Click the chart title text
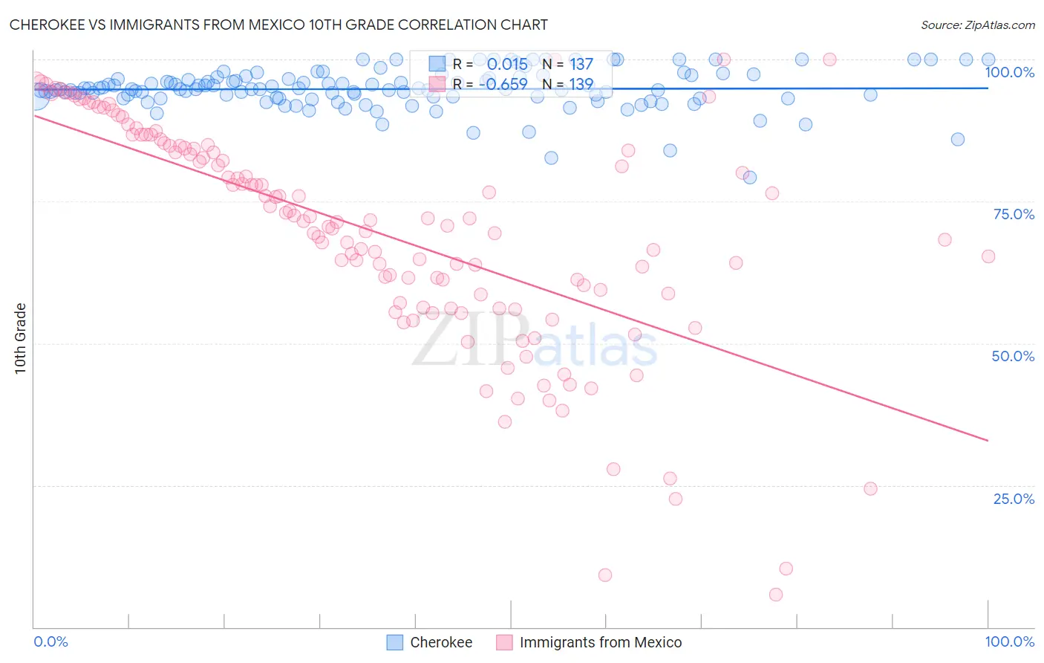[278, 25]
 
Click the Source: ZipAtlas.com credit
[977, 25]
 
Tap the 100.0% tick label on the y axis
[1009, 72]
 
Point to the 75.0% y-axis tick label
[1014, 214]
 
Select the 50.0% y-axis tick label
[1013, 356]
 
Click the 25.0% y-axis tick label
[1014, 498]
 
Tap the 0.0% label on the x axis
[51, 641]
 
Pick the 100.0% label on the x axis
[1009, 641]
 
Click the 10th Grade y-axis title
[21, 338]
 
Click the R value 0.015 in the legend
[507, 65]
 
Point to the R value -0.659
[503, 84]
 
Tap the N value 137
[581, 65]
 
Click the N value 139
[581, 84]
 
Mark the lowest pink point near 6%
[776, 595]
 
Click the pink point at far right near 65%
[988, 256]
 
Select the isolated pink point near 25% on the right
[871, 489]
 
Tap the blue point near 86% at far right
[958, 139]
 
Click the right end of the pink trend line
[988, 441]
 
